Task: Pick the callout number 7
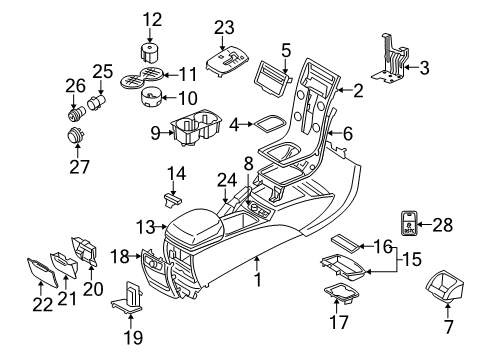447,327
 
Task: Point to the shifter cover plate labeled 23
230,63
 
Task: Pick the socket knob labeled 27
74,136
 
